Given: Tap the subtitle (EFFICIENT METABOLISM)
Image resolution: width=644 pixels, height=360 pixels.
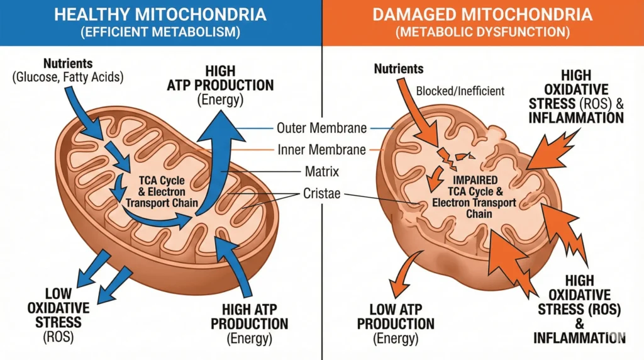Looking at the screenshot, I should pyautogui.click(x=160, y=31).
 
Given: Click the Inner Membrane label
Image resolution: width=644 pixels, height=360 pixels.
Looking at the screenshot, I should pyautogui.click(x=321, y=150).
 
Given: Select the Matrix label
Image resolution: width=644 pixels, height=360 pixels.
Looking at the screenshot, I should pyautogui.click(x=321, y=171).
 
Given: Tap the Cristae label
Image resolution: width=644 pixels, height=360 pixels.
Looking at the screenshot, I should pyautogui.click(x=321, y=193).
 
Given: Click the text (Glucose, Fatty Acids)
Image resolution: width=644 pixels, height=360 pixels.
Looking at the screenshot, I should pyautogui.click(x=69, y=78).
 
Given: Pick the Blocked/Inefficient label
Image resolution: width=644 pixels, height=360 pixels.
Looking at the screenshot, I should pyautogui.click(x=460, y=91).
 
